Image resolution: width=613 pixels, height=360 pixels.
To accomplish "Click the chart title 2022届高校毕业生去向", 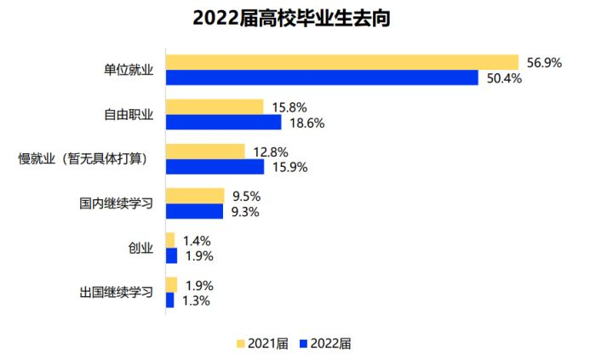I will point(291,18).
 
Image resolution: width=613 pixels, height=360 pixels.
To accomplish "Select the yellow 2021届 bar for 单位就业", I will point(341,62).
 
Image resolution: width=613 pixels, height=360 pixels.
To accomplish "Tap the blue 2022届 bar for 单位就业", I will point(322,77).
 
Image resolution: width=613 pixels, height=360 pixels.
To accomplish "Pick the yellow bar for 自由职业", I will point(215,107).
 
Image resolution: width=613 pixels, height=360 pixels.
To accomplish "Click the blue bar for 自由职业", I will point(223,123).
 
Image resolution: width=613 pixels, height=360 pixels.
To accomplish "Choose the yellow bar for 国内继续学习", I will point(195,196).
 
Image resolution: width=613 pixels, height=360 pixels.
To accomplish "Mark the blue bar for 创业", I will point(171,255).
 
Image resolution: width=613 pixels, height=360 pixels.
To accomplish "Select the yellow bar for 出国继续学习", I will point(171,284).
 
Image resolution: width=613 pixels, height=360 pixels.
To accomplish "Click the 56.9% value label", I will point(545,62).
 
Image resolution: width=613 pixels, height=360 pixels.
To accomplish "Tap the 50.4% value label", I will point(505,78).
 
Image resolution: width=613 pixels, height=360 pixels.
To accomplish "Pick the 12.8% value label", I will point(271,151).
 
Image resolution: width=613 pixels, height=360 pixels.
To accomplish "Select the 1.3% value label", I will point(198,300).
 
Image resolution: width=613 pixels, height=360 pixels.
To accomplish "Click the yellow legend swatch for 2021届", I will point(241,344).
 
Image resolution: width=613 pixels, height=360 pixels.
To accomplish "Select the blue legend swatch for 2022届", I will point(304,344).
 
